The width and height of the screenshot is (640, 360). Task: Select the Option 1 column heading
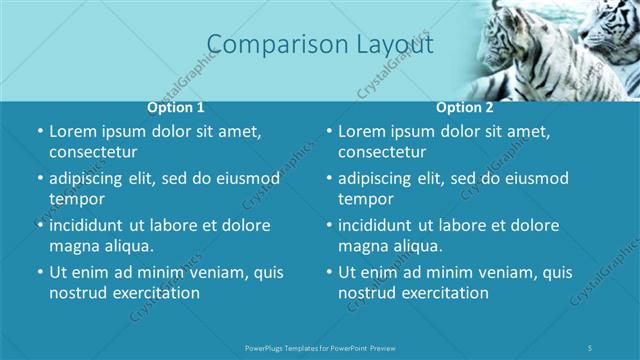(x=176, y=107)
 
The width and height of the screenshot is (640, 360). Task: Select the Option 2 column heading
(x=465, y=107)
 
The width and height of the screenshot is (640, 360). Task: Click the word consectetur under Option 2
(x=382, y=152)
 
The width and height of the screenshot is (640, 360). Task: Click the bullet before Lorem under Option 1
(x=40, y=131)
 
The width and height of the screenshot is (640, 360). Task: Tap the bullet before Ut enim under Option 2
(x=329, y=272)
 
